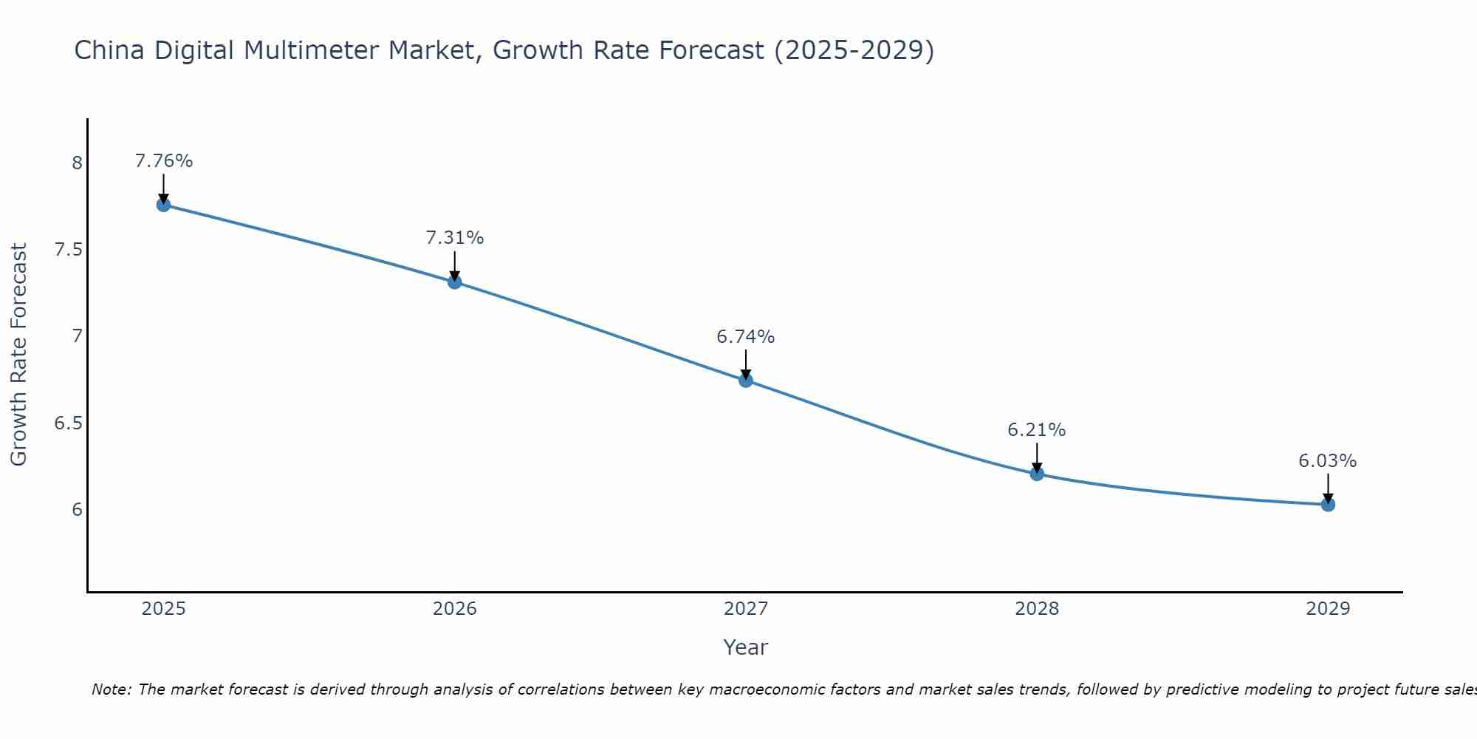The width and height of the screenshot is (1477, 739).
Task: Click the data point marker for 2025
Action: coord(163,205)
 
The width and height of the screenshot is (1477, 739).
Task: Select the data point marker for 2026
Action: coord(454,282)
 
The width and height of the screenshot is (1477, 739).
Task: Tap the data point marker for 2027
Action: coord(746,381)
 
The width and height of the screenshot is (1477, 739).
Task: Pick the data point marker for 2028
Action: coord(1037,474)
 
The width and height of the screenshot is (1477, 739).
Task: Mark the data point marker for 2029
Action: coord(1328,505)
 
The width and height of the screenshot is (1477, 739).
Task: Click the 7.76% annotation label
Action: coord(164,161)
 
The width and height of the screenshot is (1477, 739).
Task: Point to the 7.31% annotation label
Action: coord(455,238)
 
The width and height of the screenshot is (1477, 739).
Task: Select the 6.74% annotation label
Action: coord(746,337)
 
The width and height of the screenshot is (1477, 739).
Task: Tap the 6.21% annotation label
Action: coord(1037,430)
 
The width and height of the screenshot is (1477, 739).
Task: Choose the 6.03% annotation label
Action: coord(1328,461)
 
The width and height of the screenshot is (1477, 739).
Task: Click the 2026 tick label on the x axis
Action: coord(455,609)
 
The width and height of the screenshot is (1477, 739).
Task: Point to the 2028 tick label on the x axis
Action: coord(1037,609)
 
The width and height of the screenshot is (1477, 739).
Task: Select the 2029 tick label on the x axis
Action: coord(1328,609)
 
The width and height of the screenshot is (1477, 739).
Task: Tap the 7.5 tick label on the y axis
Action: coord(68,250)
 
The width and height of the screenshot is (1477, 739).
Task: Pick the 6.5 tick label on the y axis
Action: coord(68,423)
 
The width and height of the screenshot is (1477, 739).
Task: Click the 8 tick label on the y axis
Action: coord(77,163)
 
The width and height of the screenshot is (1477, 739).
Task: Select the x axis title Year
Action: coord(746,647)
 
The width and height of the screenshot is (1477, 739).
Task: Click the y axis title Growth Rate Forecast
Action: coord(19,355)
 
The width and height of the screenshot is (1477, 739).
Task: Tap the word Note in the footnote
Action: coord(111,689)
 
